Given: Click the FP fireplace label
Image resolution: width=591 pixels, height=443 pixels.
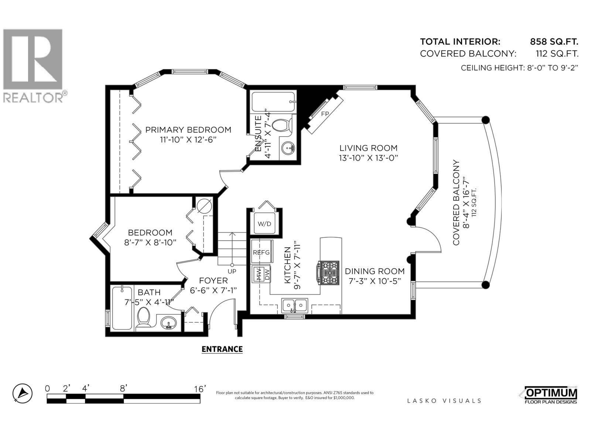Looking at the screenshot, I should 325,114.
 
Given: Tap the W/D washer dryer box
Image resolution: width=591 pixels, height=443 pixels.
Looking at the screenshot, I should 264,224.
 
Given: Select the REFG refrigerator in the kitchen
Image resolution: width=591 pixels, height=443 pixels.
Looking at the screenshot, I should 261,252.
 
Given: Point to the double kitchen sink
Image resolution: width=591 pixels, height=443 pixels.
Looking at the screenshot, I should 295,305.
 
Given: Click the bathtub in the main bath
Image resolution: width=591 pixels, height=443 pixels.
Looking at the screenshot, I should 122,308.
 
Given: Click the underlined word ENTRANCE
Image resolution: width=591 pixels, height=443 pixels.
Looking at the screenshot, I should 222,349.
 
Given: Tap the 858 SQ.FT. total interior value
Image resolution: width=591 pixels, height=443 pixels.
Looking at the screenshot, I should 554,41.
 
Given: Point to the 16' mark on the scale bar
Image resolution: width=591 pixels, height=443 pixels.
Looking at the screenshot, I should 199,389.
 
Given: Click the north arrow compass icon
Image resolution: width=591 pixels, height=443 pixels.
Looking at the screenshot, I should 22,393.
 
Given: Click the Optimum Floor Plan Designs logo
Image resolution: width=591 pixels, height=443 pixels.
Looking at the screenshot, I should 550,395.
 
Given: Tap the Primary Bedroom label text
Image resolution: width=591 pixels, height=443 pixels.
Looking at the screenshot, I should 188,130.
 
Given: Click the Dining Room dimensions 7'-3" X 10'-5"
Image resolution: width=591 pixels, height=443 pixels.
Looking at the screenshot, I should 375,281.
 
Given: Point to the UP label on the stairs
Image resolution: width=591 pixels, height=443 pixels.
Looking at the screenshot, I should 232,271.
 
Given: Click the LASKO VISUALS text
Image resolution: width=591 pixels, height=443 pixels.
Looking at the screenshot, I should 444,401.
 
